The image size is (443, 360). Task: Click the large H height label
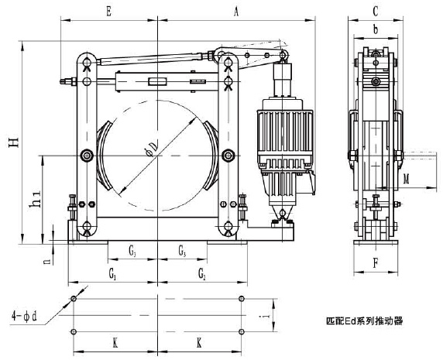click(13, 145)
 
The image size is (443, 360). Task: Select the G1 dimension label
click(112, 274)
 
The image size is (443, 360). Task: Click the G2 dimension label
click(201, 274)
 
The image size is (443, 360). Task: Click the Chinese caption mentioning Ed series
click(366, 319)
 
